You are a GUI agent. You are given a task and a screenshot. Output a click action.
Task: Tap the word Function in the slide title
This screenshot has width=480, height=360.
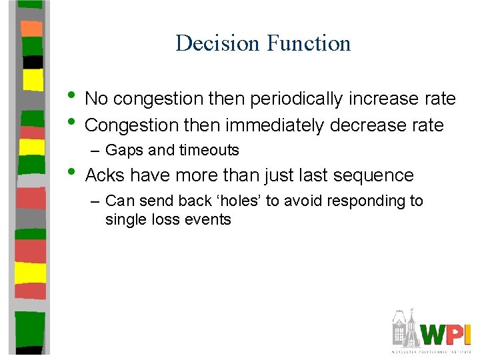coord(308,43)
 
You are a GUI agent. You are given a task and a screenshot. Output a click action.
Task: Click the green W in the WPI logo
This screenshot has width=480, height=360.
coord(436,333)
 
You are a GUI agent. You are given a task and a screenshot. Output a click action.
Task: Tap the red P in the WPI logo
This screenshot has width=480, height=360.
coord(455,333)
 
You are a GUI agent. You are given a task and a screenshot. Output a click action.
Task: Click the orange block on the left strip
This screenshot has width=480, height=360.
coord(32,29)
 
